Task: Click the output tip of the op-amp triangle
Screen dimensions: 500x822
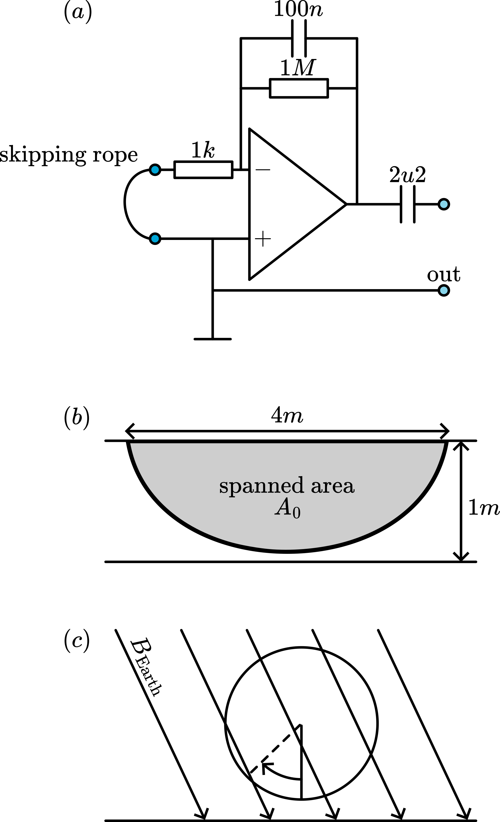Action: (346, 204)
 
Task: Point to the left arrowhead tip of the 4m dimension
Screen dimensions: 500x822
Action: (126, 431)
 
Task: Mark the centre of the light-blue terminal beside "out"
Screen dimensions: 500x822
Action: (443, 291)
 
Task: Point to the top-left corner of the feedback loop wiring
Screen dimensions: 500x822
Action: (241, 38)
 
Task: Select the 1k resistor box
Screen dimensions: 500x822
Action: (203, 170)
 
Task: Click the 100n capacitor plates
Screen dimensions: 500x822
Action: (299, 38)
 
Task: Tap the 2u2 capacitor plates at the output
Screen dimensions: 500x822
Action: (407, 204)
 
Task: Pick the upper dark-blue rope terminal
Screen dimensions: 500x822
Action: (155, 170)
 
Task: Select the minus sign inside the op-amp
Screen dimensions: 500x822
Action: (263, 170)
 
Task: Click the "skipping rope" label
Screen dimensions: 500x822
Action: (69, 155)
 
